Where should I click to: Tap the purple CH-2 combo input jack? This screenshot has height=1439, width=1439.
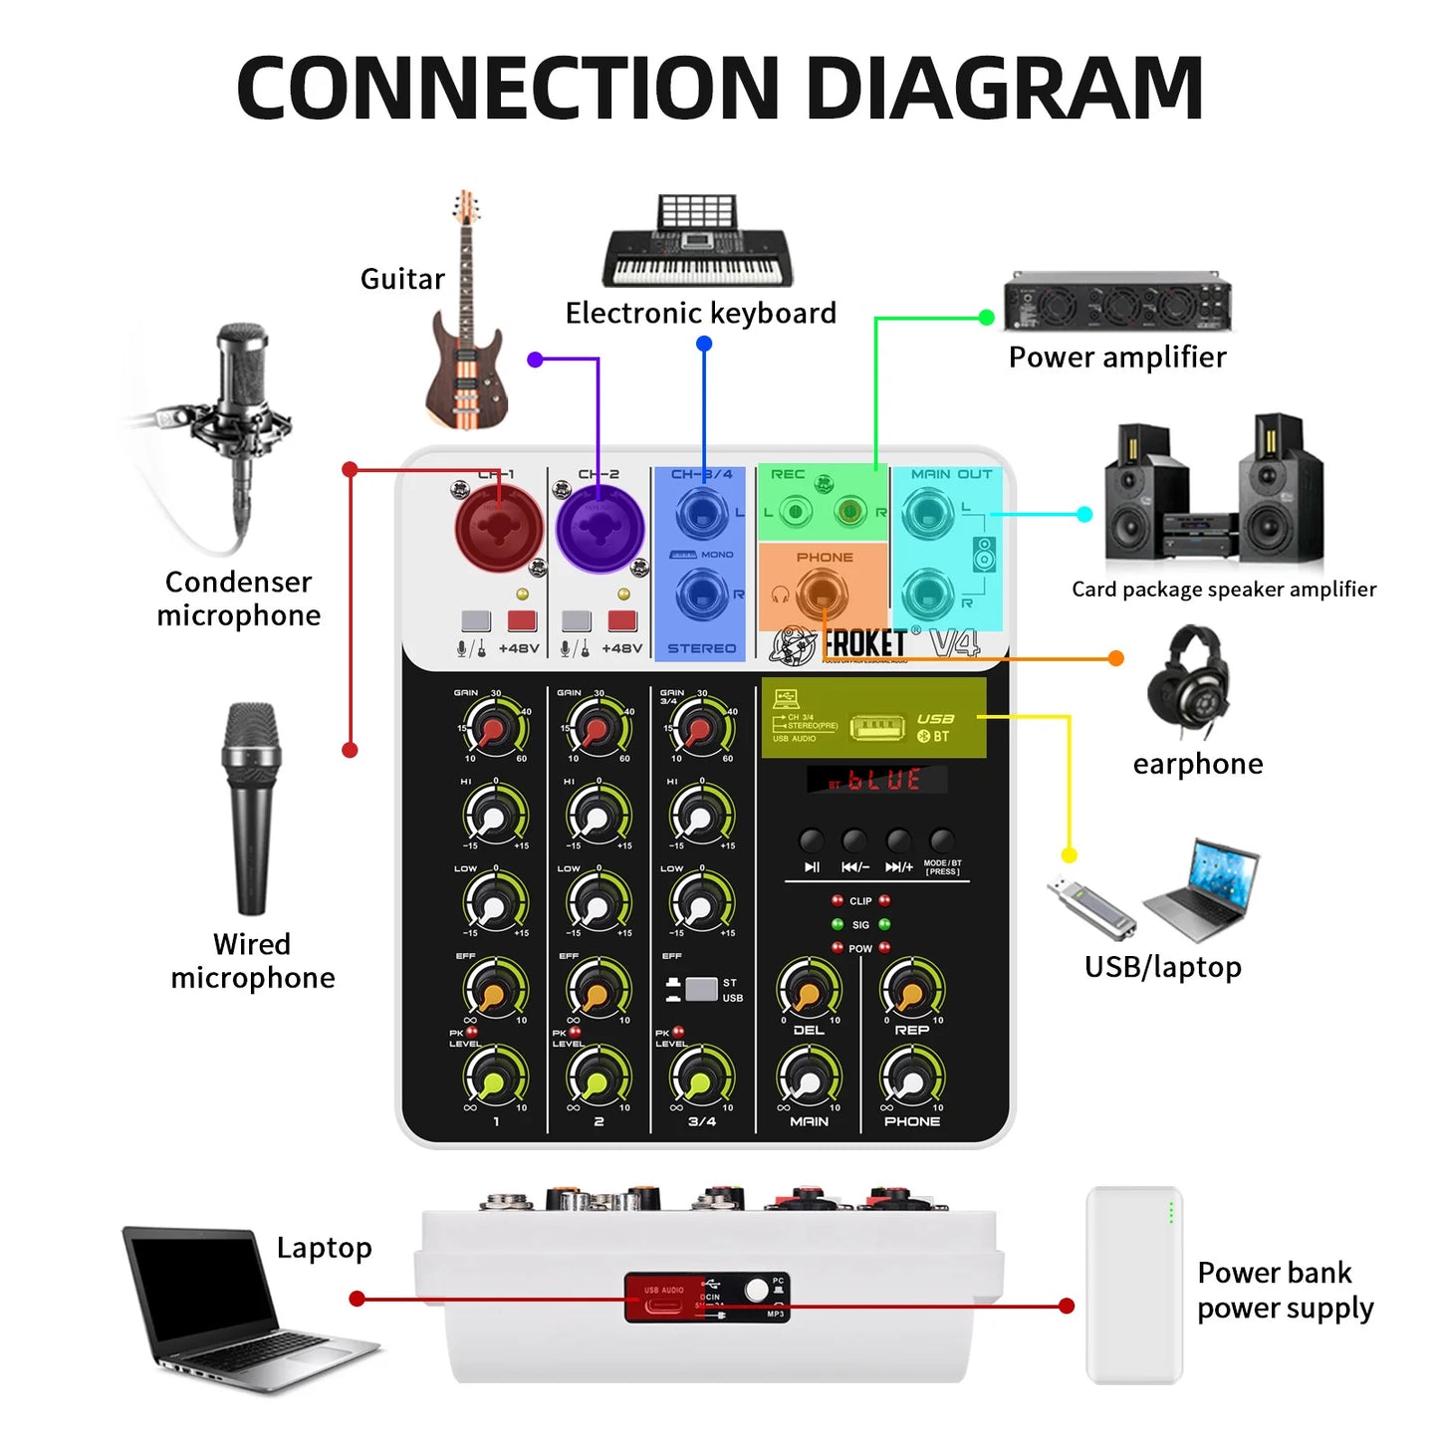(x=600, y=529)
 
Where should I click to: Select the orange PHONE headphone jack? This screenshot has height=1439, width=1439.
(x=823, y=595)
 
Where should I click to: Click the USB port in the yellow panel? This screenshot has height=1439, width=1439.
(x=876, y=728)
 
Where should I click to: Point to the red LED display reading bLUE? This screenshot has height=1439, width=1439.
(x=876, y=780)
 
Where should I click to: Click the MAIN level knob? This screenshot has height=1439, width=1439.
(x=808, y=1079)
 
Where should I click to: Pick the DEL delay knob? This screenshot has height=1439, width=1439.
(x=808, y=992)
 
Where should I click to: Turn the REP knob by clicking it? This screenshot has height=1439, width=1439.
(x=911, y=992)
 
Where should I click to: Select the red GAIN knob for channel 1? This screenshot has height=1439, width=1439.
(x=494, y=729)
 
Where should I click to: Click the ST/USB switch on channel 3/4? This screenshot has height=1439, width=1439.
(x=701, y=989)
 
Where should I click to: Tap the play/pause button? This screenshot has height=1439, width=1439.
(x=812, y=840)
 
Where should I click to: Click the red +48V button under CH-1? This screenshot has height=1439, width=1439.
(x=522, y=621)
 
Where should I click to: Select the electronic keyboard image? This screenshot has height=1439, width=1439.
(x=697, y=244)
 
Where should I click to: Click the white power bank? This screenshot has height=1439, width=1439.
(x=1133, y=1285)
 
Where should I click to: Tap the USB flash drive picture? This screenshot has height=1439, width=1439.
(x=1091, y=906)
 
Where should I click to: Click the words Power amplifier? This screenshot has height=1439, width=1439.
(x=1116, y=358)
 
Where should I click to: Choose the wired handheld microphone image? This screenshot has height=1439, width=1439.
(x=251, y=807)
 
